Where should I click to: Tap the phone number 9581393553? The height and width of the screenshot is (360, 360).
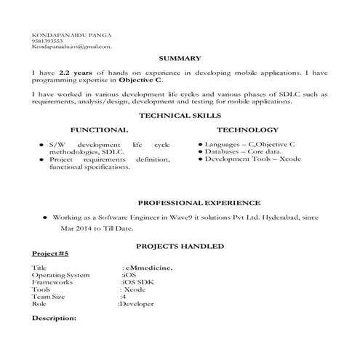[47, 41]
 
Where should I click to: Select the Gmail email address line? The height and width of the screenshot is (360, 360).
[71, 47]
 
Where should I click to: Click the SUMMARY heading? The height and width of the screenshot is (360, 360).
[179, 57]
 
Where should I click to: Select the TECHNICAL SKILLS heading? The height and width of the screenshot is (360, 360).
[179, 116]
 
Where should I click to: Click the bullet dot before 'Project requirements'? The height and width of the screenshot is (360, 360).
[41, 159]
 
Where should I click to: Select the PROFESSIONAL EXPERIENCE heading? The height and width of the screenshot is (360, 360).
[199, 202]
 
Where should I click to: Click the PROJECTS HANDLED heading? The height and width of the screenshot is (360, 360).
[179, 247]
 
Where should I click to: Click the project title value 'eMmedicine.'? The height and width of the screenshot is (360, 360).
[149, 268]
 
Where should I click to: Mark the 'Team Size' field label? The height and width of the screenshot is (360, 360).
[49, 297]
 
